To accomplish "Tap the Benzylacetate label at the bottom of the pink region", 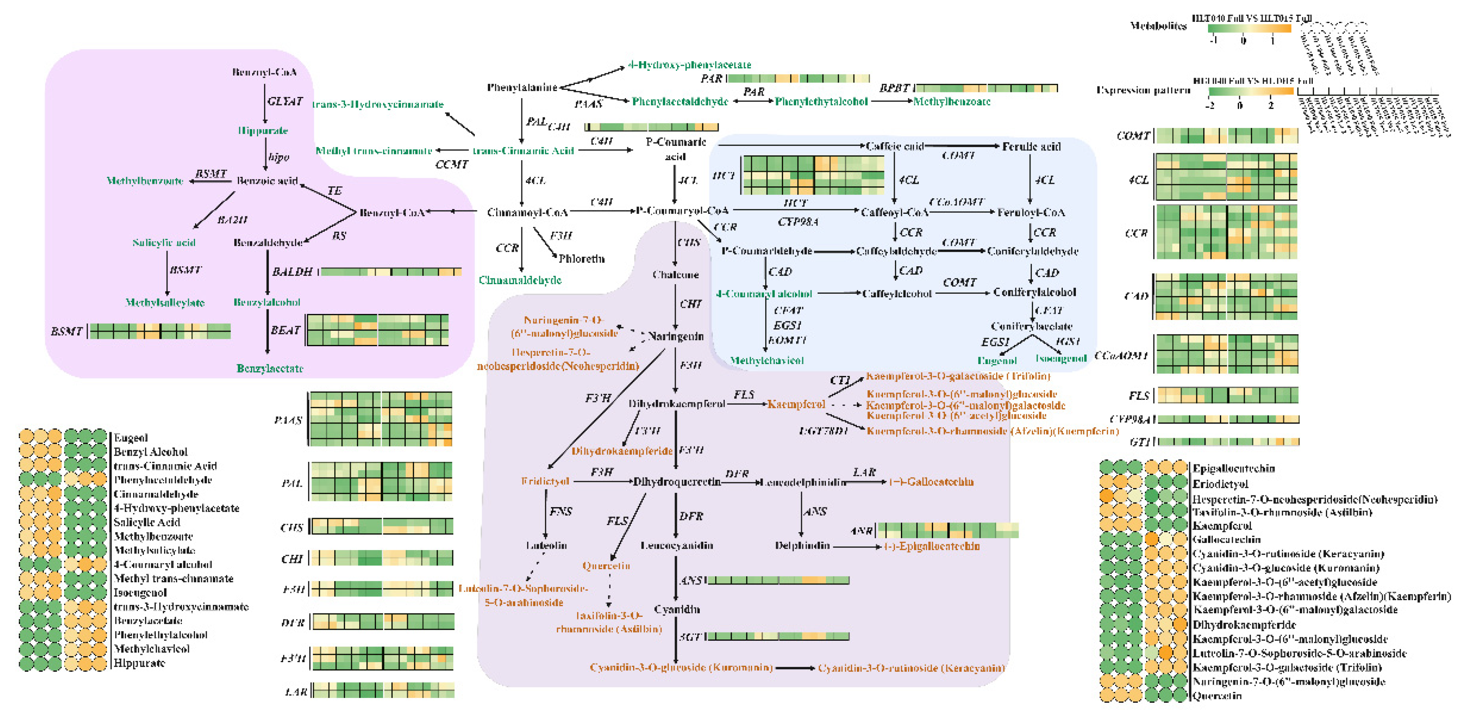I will click(x=270, y=368).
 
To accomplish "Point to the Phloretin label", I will click(x=581, y=259).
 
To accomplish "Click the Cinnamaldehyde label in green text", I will click(x=520, y=280).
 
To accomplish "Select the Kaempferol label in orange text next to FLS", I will click(x=796, y=404).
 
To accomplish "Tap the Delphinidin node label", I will click(x=802, y=546).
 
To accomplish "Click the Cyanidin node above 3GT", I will click(x=677, y=609).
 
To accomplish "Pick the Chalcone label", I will click(x=675, y=275).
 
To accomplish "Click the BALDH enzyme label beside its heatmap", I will click(x=292, y=272).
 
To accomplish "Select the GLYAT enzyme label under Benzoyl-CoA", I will click(x=284, y=102).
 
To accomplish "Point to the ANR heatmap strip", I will click(x=948, y=530).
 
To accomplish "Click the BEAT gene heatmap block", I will click(x=377, y=330).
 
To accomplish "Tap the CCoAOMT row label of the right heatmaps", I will click(x=1121, y=355).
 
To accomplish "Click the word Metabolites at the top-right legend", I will click(x=1158, y=26).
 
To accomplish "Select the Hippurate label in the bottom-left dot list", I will click(x=139, y=663).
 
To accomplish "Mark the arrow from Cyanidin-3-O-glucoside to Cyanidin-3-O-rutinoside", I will click(x=794, y=668).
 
